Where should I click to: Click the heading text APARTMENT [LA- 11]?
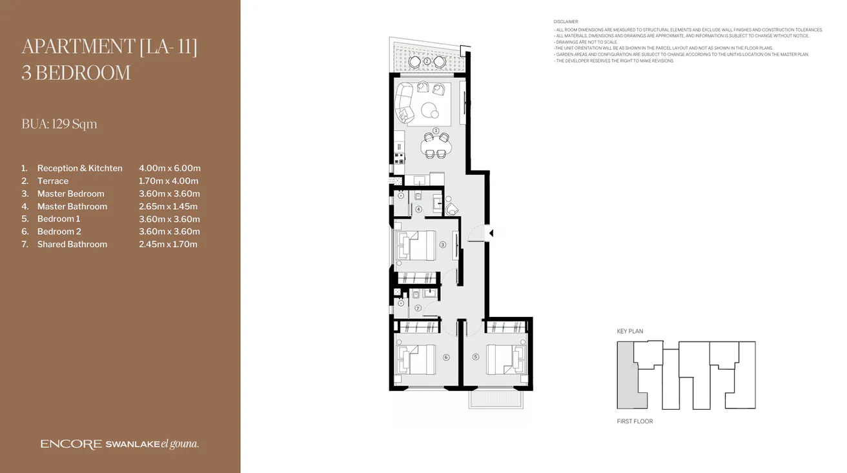(x=109, y=47)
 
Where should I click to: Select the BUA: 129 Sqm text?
(x=59, y=124)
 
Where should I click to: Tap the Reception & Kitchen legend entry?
(x=79, y=168)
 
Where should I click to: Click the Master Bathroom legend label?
(x=72, y=206)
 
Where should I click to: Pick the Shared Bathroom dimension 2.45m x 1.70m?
(x=168, y=245)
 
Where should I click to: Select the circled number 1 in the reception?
(x=436, y=130)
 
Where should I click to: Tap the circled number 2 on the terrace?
(x=427, y=61)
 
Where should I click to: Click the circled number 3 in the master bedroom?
(x=443, y=245)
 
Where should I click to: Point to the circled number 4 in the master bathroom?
(x=418, y=209)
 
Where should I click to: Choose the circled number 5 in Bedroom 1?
(x=476, y=357)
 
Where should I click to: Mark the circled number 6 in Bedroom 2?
(x=446, y=357)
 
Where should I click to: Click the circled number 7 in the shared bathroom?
(x=418, y=308)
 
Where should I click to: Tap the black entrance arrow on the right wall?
(x=491, y=233)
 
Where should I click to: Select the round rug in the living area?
(x=430, y=111)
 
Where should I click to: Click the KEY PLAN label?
(x=630, y=332)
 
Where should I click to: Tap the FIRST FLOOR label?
(x=635, y=421)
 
